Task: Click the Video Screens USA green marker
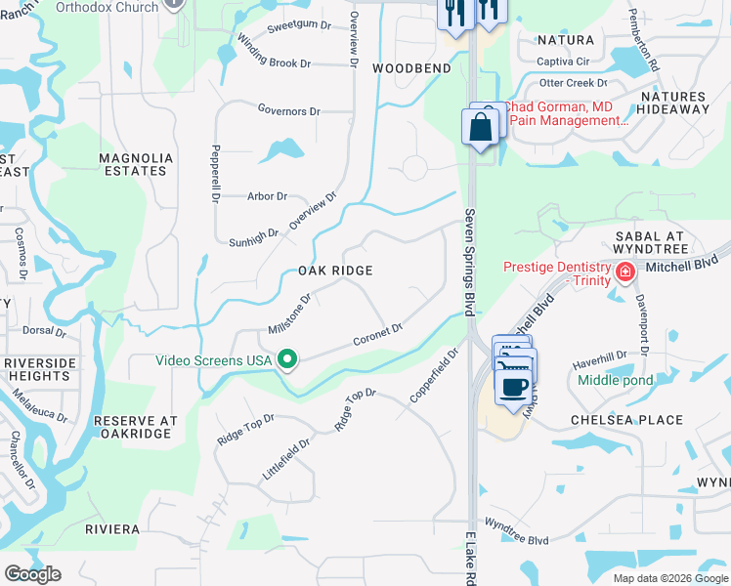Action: click(287, 360)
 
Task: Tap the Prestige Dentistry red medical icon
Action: click(623, 269)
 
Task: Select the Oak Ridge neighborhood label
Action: click(335, 270)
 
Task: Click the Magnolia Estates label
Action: click(136, 164)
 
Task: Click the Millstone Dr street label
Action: click(289, 314)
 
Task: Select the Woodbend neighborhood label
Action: click(411, 68)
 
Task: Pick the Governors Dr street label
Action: click(288, 111)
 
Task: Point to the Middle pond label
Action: click(616, 380)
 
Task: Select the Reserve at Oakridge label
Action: click(135, 427)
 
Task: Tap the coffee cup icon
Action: click(514, 385)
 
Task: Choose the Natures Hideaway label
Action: click(673, 103)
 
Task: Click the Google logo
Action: click(32, 574)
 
